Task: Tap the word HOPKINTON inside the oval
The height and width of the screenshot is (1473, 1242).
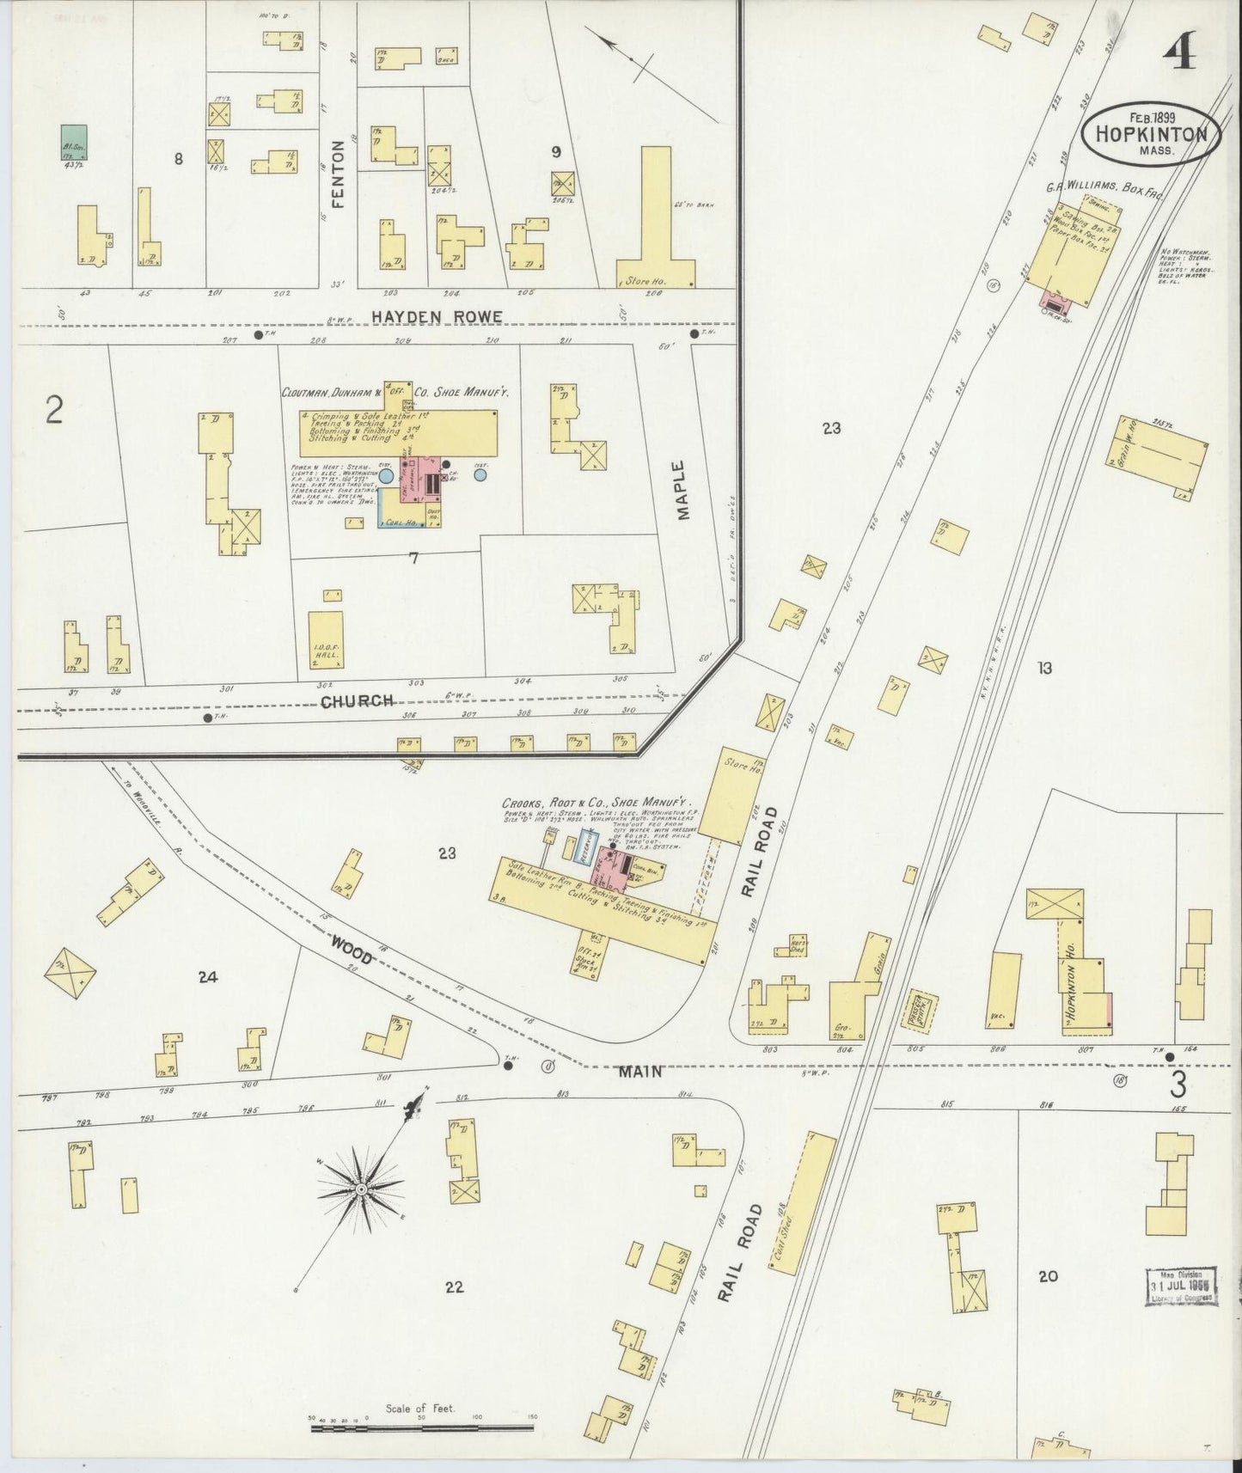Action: click(1150, 134)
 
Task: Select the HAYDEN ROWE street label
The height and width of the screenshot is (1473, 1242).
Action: click(437, 316)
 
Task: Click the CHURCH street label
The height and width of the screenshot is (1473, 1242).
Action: click(357, 700)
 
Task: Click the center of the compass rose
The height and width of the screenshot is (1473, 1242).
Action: click(362, 1189)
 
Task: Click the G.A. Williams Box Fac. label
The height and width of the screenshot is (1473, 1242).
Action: click(1104, 191)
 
